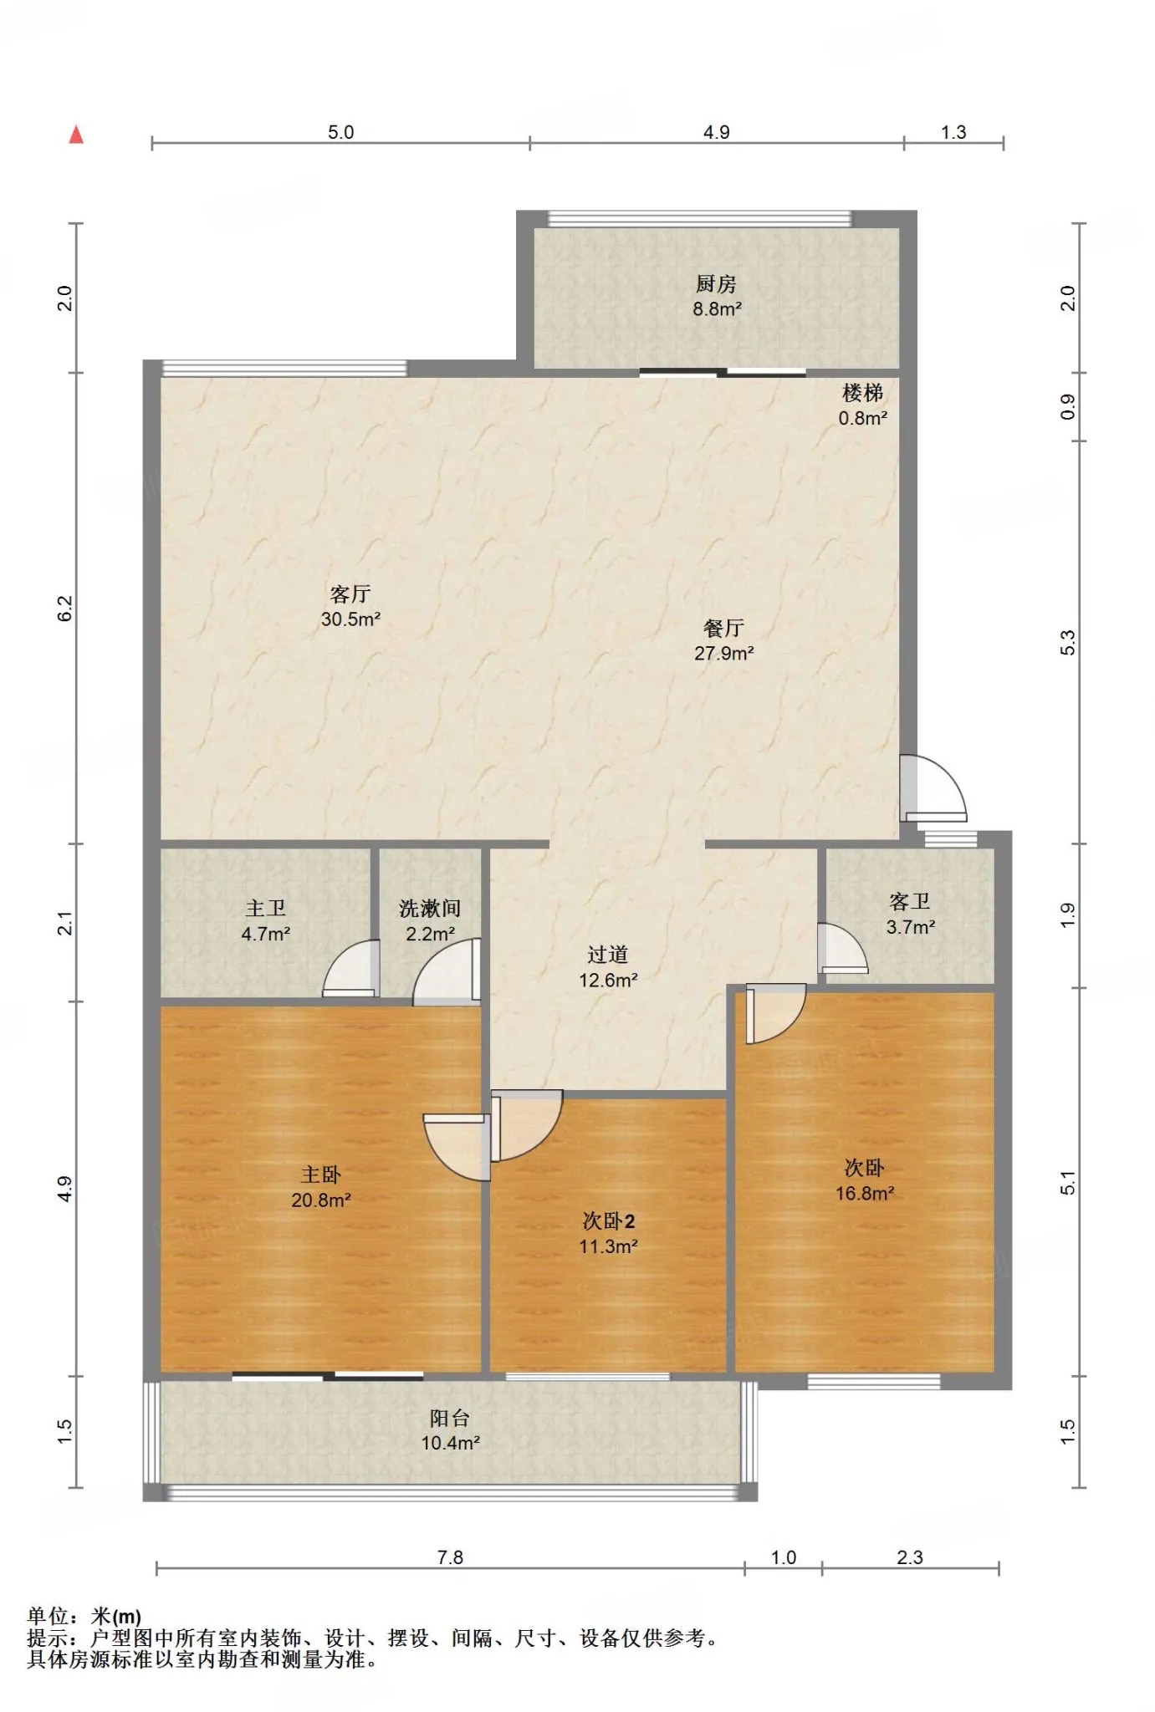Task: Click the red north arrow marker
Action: pyautogui.click(x=76, y=134)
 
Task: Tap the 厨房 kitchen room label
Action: pyautogui.click(x=716, y=284)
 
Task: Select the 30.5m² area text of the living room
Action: pyautogui.click(x=350, y=619)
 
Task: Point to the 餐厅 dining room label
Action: pyautogui.click(x=723, y=628)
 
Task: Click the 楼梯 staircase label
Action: pyautogui.click(x=862, y=393)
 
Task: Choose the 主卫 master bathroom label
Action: pyautogui.click(x=265, y=908)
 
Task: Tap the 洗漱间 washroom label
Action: pyautogui.click(x=430, y=908)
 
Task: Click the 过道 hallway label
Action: pyautogui.click(x=607, y=955)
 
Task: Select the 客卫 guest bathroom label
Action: pyautogui.click(x=910, y=901)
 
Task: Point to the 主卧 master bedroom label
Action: pyautogui.click(x=321, y=1174)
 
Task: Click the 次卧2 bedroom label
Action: pyautogui.click(x=609, y=1221)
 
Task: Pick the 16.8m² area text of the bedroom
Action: pyautogui.click(x=865, y=1193)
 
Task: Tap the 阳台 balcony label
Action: pyautogui.click(x=450, y=1418)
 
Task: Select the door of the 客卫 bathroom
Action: pyautogui.click(x=842, y=948)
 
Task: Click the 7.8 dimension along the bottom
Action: pyautogui.click(x=450, y=1557)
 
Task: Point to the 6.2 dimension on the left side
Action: pyautogui.click(x=66, y=608)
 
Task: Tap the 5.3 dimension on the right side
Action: pyautogui.click(x=1067, y=642)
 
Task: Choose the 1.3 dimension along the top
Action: pyautogui.click(x=953, y=132)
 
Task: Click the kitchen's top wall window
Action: pyautogui.click(x=699, y=218)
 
